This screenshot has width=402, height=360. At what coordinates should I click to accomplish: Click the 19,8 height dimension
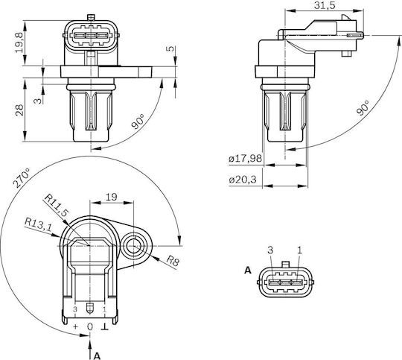click(x=19, y=42)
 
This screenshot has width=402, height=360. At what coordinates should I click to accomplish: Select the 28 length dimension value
click(x=19, y=110)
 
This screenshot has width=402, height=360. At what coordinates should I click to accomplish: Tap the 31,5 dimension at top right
click(x=325, y=5)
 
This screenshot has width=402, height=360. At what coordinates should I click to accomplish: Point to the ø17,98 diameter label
click(x=246, y=158)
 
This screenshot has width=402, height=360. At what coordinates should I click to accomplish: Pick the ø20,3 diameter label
click(x=243, y=180)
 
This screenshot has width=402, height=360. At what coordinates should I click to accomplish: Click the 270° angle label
click(x=22, y=178)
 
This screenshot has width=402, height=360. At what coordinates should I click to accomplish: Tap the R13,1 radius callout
click(x=38, y=224)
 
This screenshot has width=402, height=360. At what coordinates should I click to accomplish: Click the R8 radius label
click(x=173, y=261)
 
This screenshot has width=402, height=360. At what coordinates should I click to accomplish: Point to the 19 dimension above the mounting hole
click(x=111, y=197)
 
